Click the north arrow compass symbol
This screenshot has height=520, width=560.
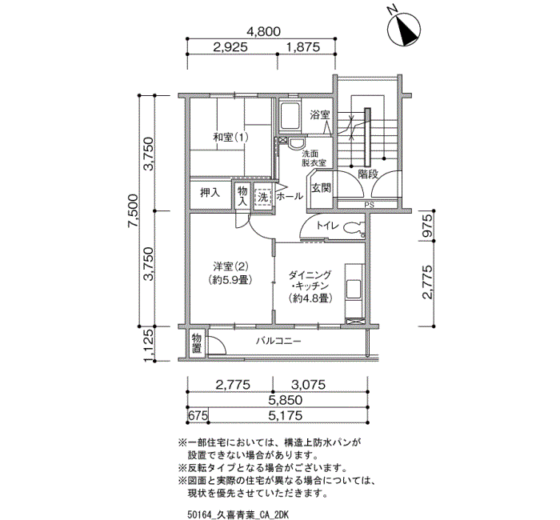pyautogui.click(x=405, y=30)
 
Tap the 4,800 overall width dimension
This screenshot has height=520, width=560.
pyautogui.click(x=264, y=31)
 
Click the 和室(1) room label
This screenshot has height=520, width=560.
pyautogui.click(x=230, y=137)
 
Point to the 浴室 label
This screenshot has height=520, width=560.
pyautogui.click(x=320, y=115)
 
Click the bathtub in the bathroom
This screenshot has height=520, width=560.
pyautogui.click(x=290, y=117)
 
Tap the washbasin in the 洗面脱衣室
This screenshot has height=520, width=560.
pyautogui.click(x=296, y=144)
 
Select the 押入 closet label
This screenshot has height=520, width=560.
pyautogui.click(x=210, y=194)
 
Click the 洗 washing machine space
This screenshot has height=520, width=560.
pyautogui.click(x=263, y=197)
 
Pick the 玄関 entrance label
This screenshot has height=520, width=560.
pyautogui.click(x=321, y=188)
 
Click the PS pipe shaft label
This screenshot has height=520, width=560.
pyautogui.click(x=369, y=205)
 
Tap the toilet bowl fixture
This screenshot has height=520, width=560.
pyautogui.click(x=352, y=228)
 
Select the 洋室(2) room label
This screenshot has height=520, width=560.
pyautogui.click(x=230, y=266)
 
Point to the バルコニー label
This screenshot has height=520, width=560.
pyautogui.click(x=278, y=341)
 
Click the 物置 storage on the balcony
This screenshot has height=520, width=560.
pyautogui.click(x=197, y=343)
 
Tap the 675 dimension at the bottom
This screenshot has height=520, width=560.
pyautogui.click(x=198, y=416)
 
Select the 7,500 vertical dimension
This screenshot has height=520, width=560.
pyautogui.click(x=133, y=210)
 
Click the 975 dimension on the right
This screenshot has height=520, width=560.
pyautogui.click(x=427, y=226)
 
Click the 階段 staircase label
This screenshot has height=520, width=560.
pyautogui.click(x=368, y=174)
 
